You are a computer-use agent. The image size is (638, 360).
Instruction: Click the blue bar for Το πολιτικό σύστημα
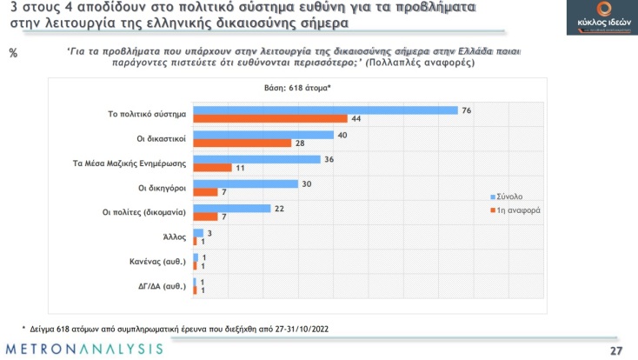coord(324,110)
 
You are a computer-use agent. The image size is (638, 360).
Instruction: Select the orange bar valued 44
coord(269,118)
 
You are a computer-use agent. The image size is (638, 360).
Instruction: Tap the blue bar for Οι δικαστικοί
coord(263,135)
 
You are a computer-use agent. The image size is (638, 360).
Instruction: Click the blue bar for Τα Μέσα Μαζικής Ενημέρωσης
coord(256,159)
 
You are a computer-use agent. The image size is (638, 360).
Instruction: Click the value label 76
coord(468,110)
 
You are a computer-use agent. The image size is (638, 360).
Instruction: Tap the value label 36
coord(329,159)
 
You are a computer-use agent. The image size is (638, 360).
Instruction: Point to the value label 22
coord(280,209)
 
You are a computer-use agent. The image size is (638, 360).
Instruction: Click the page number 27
coord(615,350)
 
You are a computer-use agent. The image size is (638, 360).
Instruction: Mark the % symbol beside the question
coord(13,53)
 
